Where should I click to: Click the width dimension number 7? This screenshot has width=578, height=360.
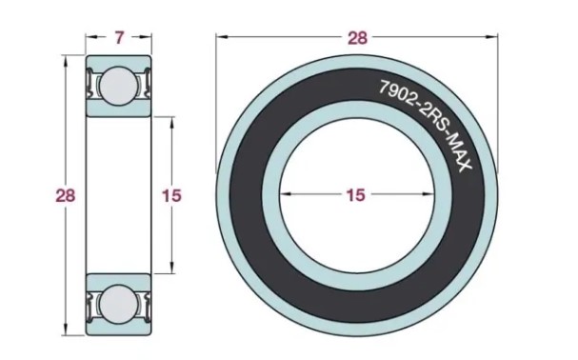(118, 38)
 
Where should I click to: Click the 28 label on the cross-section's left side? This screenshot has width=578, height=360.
(66, 195)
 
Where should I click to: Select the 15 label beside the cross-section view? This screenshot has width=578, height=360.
(171, 195)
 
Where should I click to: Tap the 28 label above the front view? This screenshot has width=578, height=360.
(358, 38)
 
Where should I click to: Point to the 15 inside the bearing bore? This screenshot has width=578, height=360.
(356, 194)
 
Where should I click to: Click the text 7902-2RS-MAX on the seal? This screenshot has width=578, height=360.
(426, 126)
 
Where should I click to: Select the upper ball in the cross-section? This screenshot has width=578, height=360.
(118, 86)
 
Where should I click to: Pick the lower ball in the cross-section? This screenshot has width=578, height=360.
(118, 305)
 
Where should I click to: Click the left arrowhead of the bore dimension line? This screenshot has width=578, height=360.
(286, 193)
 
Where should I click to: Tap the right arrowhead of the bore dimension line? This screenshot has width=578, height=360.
(427, 193)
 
